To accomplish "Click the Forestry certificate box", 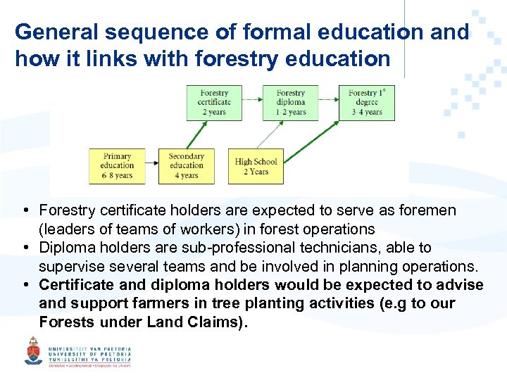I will (214, 103).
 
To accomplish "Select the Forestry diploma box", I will (290, 103).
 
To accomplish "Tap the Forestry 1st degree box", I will (367, 103).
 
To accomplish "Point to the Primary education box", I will (117, 166).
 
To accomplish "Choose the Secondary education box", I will (186, 166).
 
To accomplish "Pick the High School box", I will (256, 166).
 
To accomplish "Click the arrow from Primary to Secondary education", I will (151, 166).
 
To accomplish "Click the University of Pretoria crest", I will (33, 350).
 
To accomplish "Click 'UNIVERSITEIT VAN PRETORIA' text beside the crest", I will (89, 348).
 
